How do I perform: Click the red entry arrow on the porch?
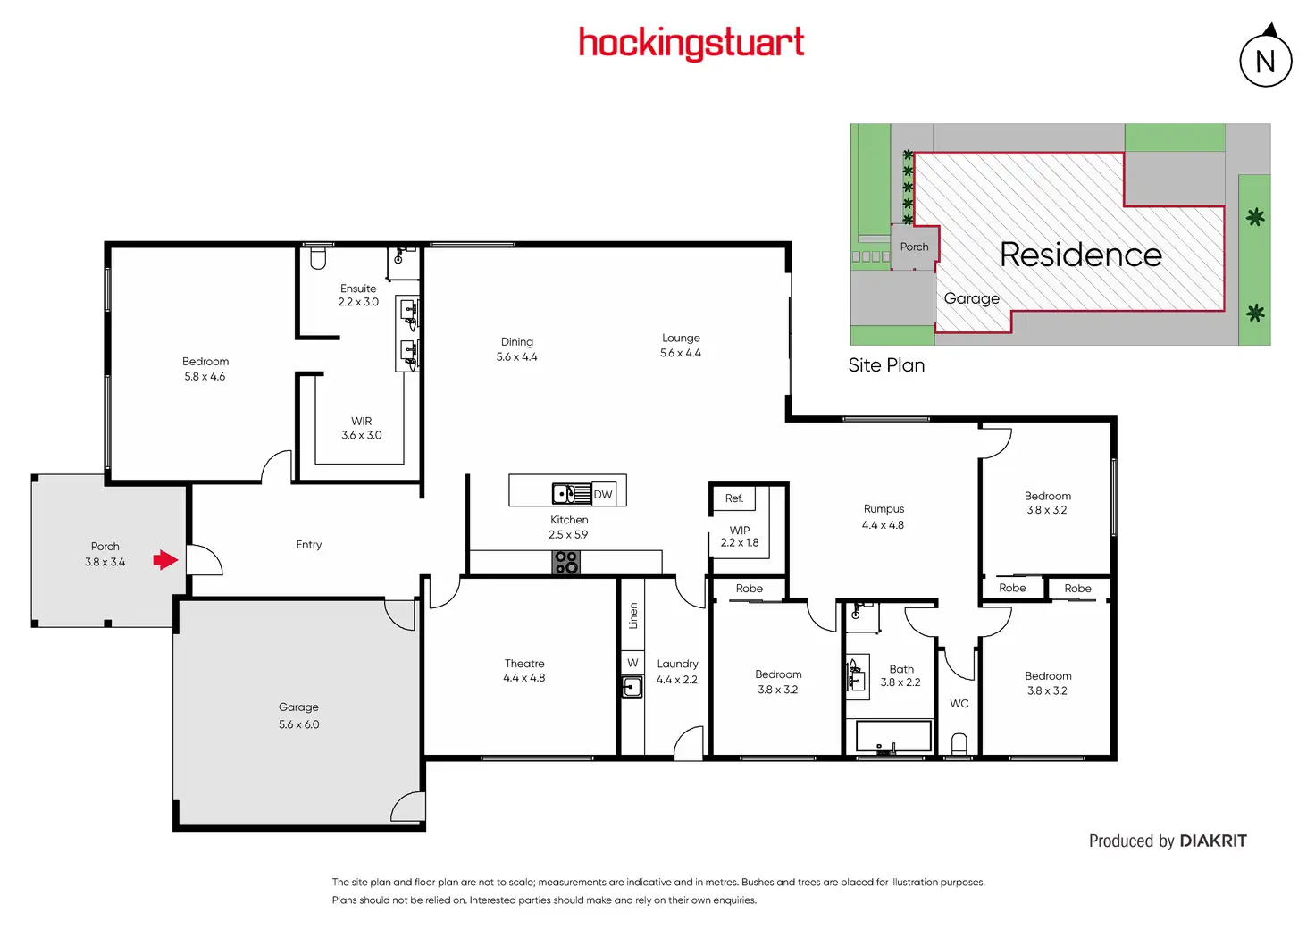pyautogui.click(x=165, y=560)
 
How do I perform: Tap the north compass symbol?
pyautogui.click(x=1265, y=60)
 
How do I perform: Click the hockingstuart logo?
pyautogui.click(x=691, y=43)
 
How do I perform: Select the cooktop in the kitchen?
pyautogui.click(x=566, y=562)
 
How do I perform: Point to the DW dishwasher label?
pyautogui.click(x=603, y=494)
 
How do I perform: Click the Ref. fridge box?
pyautogui.click(x=733, y=498)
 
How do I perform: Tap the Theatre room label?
pyautogui.click(x=524, y=664)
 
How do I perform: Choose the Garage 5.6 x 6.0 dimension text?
pyautogui.click(x=298, y=724)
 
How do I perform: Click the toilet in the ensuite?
pyautogui.click(x=318, y=257)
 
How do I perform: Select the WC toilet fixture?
pyautogui.click(x=959, y=743)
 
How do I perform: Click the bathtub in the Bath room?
pyautogui.click(x=893, y=737)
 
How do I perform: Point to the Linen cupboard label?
pyautogui.click(x=633, y=615)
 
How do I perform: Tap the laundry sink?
pyautogui.click(x=632, y=687)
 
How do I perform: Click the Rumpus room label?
pyautogui.click(x=884, y=509)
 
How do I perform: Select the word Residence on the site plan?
pyautogui.click(x=1080, y=255)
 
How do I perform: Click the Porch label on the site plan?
pyautogui.click(x=914, y=247)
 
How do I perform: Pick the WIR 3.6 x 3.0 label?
pyautogui.click(x=361, y=428)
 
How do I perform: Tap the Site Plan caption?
pyautogui.click(x=886, y=365)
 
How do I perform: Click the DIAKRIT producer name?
pyautogui.click(x=1212, y=841)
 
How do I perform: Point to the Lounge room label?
pyautogui.click(x=681, y=339)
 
